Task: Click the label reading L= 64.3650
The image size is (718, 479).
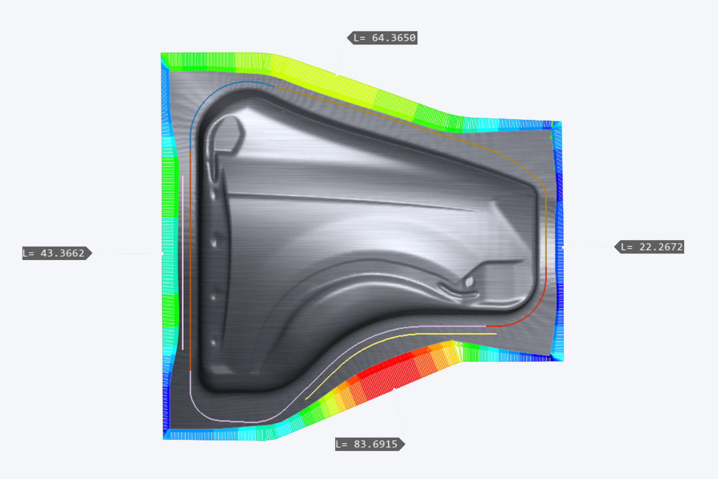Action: [x=384, y=38]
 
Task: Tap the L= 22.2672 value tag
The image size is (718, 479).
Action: [x=650, y=247]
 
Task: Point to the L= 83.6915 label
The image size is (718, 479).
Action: [x=370, y=444]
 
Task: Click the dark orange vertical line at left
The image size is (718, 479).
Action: [x=190, y=266]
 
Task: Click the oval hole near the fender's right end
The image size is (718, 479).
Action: [x=469, y=282]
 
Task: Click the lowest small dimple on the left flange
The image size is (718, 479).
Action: [x=213, y=343]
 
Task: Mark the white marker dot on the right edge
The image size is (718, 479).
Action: [x=562, y=247]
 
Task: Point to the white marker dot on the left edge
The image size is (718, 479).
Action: [x=162, y=253]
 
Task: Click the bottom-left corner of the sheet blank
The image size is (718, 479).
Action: [x=164, y=437]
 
